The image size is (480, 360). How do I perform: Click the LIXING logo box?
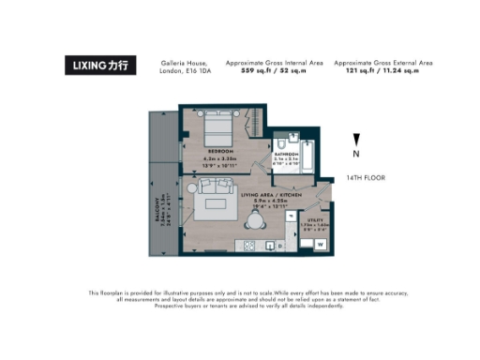(x=101, y=66)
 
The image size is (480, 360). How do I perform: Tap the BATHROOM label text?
(x=286, y=153)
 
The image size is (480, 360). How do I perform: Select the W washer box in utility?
(x=320, y=244)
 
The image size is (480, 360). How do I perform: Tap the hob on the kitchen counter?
(x=250, y=247)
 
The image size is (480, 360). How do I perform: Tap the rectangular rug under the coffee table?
(x=217, y=203)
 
